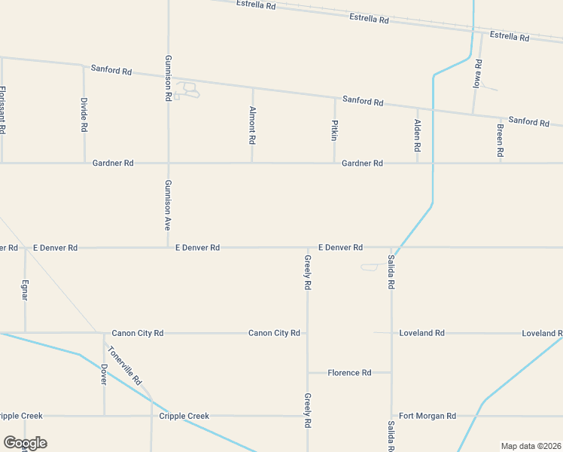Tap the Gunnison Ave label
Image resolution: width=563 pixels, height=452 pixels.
click(169, 205)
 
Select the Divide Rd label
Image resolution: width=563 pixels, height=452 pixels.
click(84, 115)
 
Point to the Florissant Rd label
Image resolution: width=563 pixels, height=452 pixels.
click(2, 110)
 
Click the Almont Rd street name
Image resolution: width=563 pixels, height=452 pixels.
click(252, 124)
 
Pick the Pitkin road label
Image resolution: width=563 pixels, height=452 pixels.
click(334, 130)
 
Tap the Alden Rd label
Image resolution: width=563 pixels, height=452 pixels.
click(417, 135)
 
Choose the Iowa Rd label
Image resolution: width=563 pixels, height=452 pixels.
click(476, 73)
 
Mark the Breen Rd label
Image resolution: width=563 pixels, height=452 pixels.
click(500, 141)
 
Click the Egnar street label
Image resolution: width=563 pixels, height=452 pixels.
click(25, 290)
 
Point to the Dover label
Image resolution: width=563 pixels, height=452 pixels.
click(104, 374)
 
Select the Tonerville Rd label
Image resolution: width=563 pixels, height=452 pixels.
click(124, 365)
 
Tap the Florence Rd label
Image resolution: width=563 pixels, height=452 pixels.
click(349, 373)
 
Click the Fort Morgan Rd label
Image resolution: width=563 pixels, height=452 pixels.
click(428, 416)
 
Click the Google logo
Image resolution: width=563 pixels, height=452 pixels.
click(25, 443)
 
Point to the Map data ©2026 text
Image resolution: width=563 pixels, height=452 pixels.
click(531, 446)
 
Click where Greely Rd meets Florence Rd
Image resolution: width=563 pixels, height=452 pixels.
click(307, 372)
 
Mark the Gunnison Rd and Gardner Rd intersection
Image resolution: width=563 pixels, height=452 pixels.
click(168, 163)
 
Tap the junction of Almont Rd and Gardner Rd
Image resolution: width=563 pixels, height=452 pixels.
click(252, 163)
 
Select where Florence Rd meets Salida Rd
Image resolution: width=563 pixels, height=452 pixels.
click(391, 372)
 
